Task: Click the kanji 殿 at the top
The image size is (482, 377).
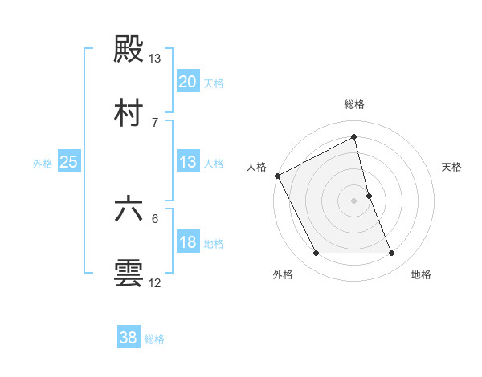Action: [x=129, y=48]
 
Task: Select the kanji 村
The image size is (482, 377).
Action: [x=129, y=112]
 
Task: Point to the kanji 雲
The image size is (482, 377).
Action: [x=129, y=273]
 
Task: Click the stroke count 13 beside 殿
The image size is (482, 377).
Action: [x=155, y=58]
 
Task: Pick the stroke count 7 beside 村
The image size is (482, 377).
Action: [x=155, y=122]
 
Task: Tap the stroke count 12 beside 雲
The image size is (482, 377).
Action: [x=155, y=282]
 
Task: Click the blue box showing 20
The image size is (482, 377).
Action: [x=187, y=81]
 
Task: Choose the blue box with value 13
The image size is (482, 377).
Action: [x=187, y=162]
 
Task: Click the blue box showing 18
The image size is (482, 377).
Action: [x=187, y=242]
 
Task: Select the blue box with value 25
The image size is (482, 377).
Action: [x=69, y=162]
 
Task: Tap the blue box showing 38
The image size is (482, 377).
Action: [x=129, y=338]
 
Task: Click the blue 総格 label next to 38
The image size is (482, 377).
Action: [x=154, y=339]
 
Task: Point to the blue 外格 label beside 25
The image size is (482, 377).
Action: [x=43, y=164]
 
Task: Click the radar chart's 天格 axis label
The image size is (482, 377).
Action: [x=452, y=167]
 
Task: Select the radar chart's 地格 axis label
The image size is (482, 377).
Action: [x=421, y=275]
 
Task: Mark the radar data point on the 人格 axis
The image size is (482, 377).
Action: [x=277, y=176]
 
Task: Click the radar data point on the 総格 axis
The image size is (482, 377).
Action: [x=354, y=136]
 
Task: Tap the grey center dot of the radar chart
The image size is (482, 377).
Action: [x=354, y=200]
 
